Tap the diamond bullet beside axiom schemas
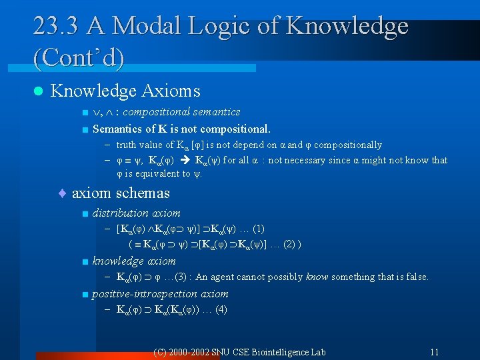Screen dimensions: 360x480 62,193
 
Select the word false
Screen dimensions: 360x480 415,277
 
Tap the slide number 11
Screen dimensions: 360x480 434,351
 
